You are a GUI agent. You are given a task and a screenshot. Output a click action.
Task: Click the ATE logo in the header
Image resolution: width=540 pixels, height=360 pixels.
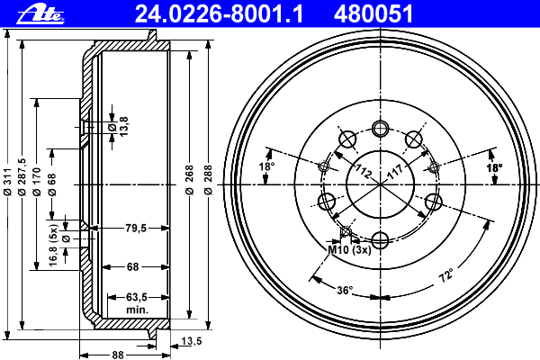40,14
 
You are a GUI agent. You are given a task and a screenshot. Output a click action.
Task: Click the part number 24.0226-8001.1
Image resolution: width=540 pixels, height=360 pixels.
219,14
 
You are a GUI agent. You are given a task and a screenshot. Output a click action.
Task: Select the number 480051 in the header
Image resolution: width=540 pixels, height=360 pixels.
373,14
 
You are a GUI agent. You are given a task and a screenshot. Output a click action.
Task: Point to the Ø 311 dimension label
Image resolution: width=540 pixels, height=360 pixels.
7,182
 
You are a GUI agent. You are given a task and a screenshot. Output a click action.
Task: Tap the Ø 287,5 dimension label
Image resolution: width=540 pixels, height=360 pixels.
22,177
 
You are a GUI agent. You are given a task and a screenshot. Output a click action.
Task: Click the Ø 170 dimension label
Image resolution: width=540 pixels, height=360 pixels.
37,182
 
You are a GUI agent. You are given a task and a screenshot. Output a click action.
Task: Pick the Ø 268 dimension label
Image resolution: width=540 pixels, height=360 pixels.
189,180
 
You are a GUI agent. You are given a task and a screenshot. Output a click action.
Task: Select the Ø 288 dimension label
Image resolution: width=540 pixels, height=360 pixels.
209,180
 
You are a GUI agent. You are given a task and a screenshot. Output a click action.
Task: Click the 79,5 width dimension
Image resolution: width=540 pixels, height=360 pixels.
137,228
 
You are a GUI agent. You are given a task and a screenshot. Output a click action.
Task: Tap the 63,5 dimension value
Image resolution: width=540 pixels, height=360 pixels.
137,297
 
